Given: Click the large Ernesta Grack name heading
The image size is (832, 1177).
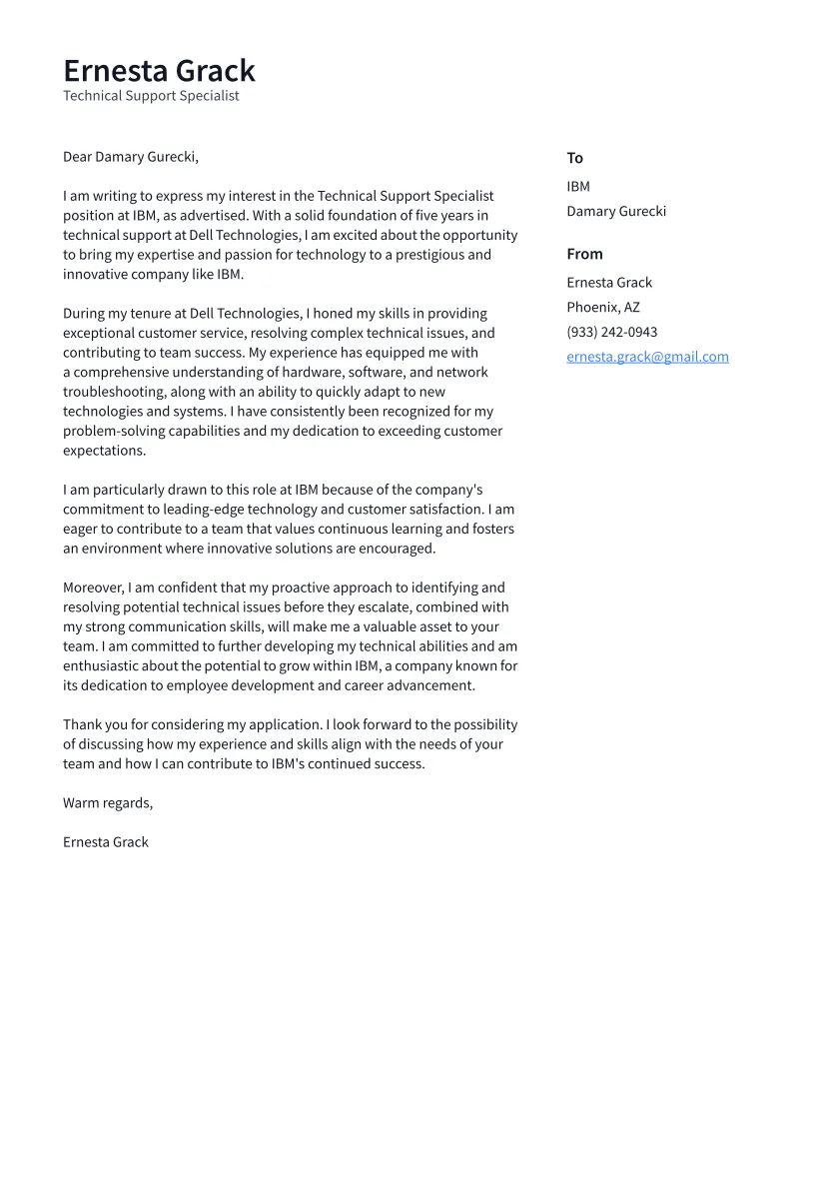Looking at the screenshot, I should point(159,71).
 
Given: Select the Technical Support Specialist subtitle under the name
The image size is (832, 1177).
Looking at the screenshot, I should point(151,96).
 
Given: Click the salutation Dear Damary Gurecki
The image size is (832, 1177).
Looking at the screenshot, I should point(131,157).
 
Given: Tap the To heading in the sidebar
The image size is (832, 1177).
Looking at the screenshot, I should point(574,158).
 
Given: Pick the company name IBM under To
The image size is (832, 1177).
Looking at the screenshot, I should point(578,186).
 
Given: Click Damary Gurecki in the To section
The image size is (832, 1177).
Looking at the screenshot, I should point(616,211).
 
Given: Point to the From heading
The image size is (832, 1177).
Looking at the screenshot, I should point(584,254).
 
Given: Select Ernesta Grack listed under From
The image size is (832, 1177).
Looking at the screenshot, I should point(609,282).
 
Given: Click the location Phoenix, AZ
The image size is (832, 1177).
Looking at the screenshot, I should point(603,307).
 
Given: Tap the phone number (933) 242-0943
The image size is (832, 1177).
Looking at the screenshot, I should point(612,332).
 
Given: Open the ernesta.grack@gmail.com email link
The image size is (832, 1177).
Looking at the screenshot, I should point(647,357).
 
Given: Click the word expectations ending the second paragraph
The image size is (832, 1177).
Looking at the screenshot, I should point(103,451).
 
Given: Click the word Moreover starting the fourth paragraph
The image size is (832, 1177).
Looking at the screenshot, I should point(93,588).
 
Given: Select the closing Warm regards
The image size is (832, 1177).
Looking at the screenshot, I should point(108,803).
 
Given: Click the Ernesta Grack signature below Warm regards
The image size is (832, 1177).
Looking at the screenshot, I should point(106,842).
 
